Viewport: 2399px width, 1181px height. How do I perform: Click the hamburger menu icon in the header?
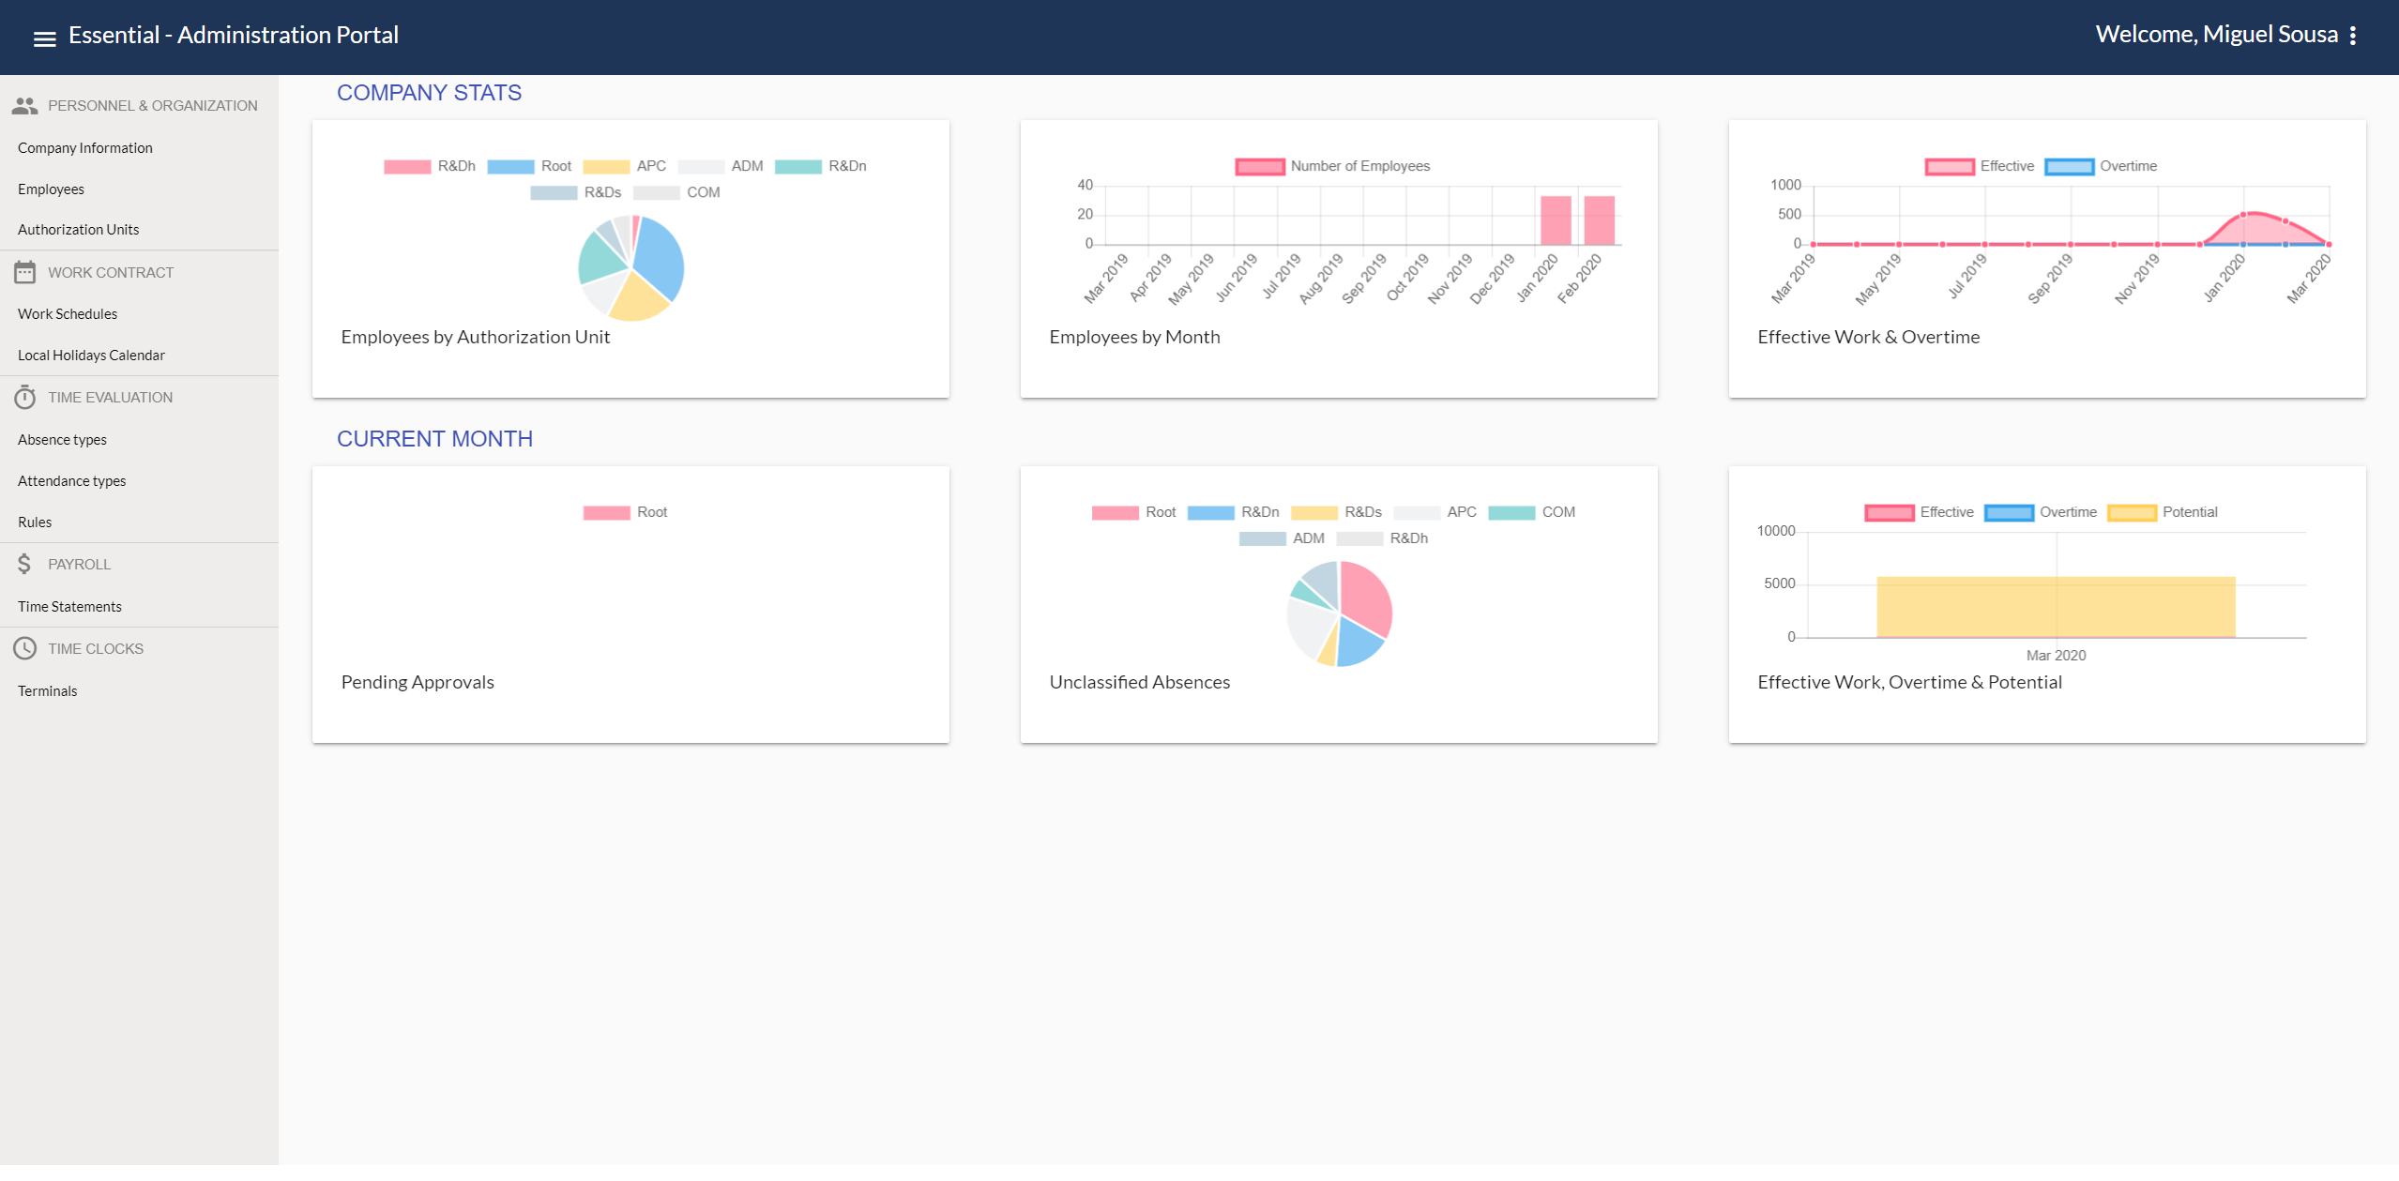click(x=44, y=38)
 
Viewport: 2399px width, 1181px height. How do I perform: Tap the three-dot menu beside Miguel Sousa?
click(x=2352, y=36)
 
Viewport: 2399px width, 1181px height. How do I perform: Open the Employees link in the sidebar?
click(x=51, y=189)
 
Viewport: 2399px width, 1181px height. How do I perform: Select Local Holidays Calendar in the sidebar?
click(x=91, y=356)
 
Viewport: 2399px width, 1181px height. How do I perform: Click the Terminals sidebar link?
click(x=47, y=691)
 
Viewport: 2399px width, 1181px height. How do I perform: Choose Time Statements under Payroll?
click(x=69, y=607)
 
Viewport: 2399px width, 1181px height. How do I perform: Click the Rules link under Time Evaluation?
click(x=35, y=522)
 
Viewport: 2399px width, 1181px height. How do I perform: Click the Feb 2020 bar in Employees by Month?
click(x=1599, y=221)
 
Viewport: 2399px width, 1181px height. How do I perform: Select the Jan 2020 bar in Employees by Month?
click(x=1556, y=221)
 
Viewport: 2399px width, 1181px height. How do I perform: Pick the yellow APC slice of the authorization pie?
click(x=637, y=299)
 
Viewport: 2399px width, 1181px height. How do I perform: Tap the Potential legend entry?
click(x=2163, y=512)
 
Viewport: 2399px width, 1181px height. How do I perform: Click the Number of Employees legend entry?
click(x=1332, y=166)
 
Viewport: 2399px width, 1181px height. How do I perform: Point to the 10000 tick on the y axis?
click(x=1775, y=531)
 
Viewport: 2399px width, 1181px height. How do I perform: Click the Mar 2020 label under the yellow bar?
click(x=2055, y=656)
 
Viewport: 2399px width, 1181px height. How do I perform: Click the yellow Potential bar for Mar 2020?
click(x=2055, y=607)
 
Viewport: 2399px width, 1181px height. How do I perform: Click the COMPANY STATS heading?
click(x=429, y=93)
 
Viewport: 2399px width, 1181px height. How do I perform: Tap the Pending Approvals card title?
click(x=418, y=683)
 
